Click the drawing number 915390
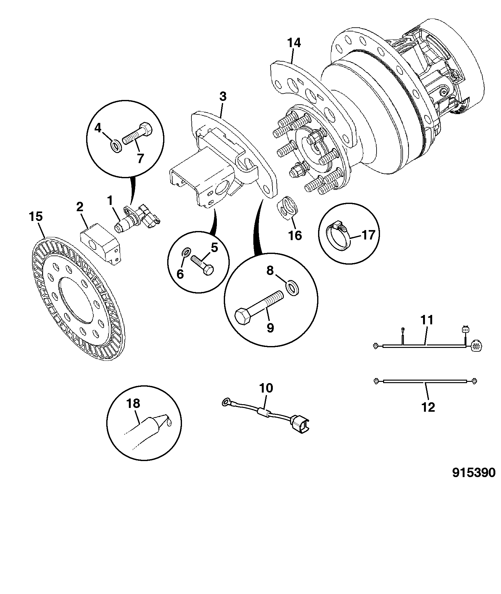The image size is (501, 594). point(474,481)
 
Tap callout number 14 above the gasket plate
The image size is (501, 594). point(294,43)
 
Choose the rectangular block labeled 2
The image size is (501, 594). point(100,243)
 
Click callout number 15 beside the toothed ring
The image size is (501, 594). point(36,217)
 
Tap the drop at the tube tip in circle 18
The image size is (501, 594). point(170,423)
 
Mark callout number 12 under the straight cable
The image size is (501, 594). point(428,408)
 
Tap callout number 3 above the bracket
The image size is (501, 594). point(223,97)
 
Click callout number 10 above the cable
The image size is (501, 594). point(266,388)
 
